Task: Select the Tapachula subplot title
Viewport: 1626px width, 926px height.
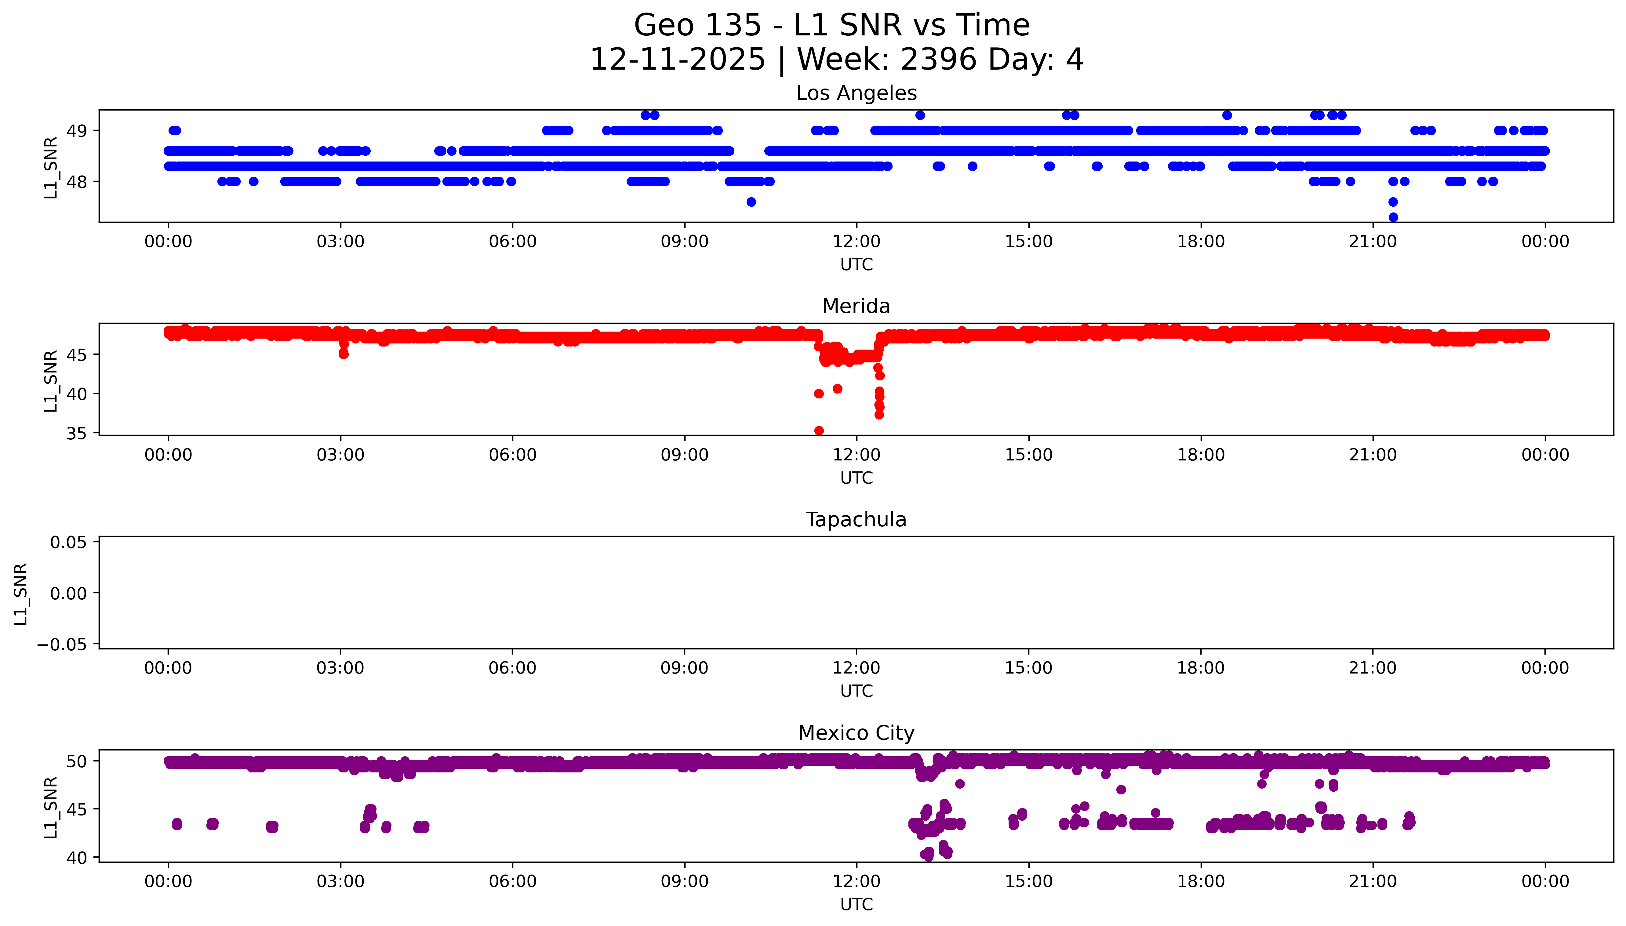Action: pos(856,520)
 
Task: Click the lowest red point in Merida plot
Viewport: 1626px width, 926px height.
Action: pos(819,430)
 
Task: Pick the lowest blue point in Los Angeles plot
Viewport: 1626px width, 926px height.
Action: pos(1393,217)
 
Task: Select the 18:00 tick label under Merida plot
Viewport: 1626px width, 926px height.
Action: pos(1201,455)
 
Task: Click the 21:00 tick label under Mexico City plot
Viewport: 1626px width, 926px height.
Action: pos(1373,881)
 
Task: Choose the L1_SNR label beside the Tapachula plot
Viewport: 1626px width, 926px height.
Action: pos(21,594)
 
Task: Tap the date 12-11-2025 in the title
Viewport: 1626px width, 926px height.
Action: pos(677,60)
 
